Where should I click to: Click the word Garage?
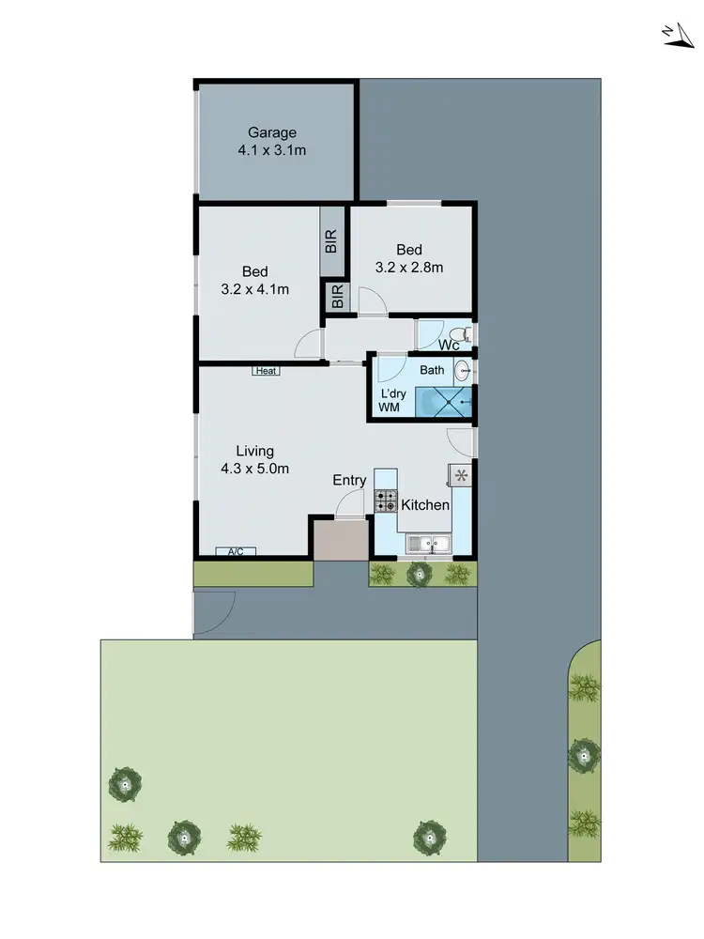[x=272, y=132]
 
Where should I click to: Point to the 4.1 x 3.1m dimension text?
[x=272, y=149]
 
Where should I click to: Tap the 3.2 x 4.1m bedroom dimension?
[x=254, y=289]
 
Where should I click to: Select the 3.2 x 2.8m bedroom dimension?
[x=408, y=267]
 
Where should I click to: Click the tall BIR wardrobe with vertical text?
[x=332, y=241]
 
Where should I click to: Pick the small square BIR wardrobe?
[x=337, y=297]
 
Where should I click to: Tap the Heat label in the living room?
[x=266, y=371]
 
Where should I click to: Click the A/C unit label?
[x=236, y=551]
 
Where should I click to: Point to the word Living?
[x=254, y=452]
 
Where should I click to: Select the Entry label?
[x=349, y=480]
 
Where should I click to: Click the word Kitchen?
[x=425, y=505]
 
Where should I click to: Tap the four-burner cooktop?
[x=386, y=500]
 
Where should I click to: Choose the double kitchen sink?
[x=429, y=543]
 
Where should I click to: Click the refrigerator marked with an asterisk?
[x=461, y=475]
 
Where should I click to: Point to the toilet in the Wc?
[x=458, y=334]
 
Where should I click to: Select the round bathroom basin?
[x=463, y=372]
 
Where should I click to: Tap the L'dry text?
[x=392, y=393]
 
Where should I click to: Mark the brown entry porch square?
[x=341, y=541]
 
